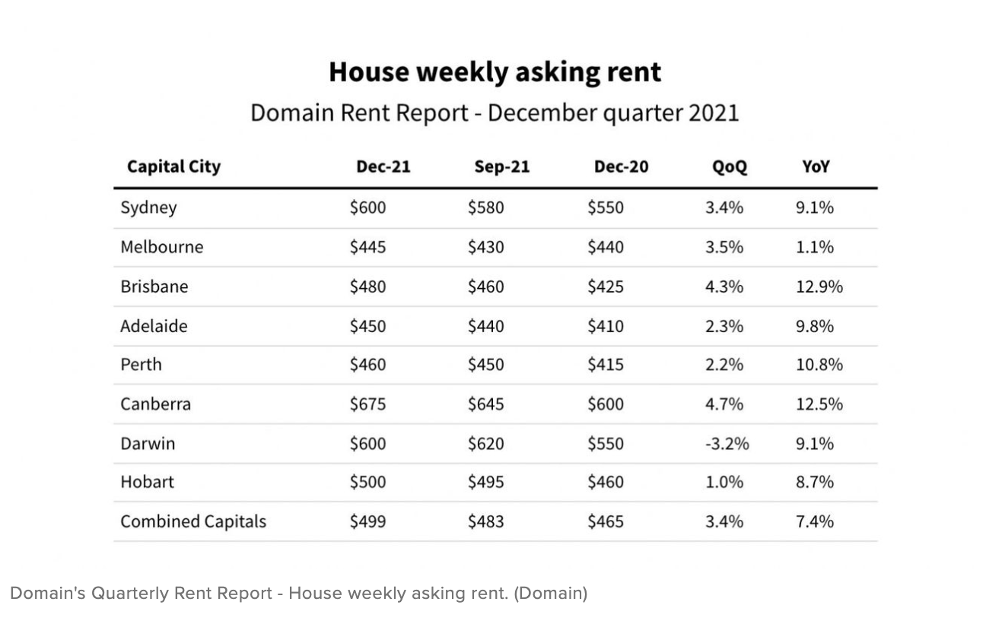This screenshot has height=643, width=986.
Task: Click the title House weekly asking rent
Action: tap(495, 72)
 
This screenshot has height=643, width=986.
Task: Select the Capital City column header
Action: tap(173, 166)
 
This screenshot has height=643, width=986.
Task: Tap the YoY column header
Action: tap(815, 166)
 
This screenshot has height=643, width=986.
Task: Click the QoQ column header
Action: tap(729, 166)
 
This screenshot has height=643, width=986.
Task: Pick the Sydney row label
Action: tap(148, 207)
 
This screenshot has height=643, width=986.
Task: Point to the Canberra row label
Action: tap(155, 404)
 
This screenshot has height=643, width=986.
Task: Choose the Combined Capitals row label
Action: tap(193, 521)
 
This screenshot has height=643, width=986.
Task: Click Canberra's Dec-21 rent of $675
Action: tap(367, 404)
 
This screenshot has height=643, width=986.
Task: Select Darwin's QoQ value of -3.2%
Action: tap(727, 443)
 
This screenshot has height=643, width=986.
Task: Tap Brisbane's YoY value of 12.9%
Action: tap(819, 287)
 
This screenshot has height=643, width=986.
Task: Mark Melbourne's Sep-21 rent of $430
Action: tap(485, 247)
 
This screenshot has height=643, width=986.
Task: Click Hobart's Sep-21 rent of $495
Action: tap(485, 482)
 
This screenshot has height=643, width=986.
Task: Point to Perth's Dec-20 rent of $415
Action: tap(605, 365)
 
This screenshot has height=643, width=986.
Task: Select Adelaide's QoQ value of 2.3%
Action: tap(724, 326)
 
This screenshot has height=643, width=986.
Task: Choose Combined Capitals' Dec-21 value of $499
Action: tap(367, 521)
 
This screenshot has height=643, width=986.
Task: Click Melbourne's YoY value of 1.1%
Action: tap(815, 247)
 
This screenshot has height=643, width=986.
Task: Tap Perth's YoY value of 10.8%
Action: tap(819, 365)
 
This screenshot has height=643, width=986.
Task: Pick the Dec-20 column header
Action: tap(621, 166)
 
